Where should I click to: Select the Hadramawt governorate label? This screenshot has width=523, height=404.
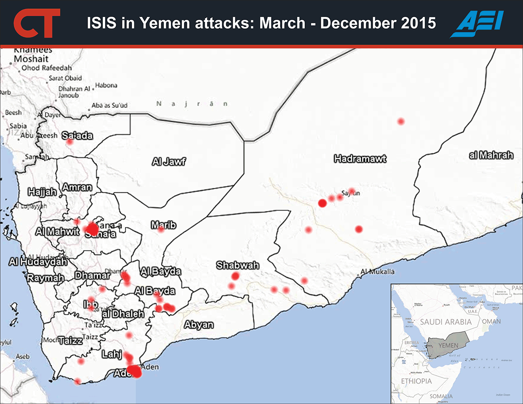pos(360,159)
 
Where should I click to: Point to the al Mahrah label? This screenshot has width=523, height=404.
pos(491,156)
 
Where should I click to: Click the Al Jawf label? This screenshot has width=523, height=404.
pos(169,162)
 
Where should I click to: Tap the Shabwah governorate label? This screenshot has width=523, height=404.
pos(238,265)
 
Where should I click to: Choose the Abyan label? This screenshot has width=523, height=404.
pos(199,324)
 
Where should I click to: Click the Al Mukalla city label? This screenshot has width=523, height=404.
pos(377,272)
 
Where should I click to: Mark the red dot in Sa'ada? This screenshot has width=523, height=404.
pos(69,142)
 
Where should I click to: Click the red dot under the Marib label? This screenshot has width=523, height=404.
pos(161,229)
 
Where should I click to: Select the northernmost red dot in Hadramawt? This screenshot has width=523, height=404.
pos(401,121)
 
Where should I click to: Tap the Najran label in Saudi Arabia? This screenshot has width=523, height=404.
pos(192,104)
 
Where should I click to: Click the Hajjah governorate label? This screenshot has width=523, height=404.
pos(42,191)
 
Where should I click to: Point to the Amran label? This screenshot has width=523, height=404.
pos(77,188)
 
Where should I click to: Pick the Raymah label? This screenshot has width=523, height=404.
pos(42,278)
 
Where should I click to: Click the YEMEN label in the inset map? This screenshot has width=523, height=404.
pos(447,345)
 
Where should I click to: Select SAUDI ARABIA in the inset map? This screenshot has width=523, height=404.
pos(446,322)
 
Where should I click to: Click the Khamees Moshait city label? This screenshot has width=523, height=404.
pos(33,54)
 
